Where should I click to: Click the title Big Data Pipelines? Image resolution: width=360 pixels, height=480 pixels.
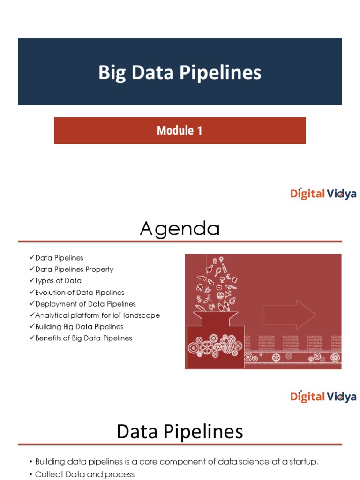coord(180,73)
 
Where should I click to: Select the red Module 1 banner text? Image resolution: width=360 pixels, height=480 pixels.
coord(180,130)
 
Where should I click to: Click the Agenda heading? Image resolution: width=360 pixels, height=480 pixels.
coord(180,229)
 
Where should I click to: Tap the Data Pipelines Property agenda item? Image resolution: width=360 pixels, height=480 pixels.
coord(74,270)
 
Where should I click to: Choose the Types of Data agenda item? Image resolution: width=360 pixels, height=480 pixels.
coord(58,281)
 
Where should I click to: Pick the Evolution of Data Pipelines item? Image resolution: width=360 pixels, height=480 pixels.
coord(80,292)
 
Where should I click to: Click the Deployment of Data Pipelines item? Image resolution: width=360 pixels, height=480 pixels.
coord(85,304)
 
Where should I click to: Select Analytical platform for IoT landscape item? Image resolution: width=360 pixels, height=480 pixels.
coord(97,315)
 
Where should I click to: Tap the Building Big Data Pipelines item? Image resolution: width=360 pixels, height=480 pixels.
coord(79,327)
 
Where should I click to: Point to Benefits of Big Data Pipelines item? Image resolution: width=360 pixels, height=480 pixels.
coord(83,338)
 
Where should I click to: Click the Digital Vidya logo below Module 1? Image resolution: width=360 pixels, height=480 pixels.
coord(323,194)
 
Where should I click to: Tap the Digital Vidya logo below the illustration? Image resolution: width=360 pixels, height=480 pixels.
coord(323,397)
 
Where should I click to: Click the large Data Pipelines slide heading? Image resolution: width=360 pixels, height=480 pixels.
coord(180,432)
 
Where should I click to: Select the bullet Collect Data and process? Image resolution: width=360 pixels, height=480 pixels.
coord(84,474)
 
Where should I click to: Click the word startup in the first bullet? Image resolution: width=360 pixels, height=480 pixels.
coord(303,462)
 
